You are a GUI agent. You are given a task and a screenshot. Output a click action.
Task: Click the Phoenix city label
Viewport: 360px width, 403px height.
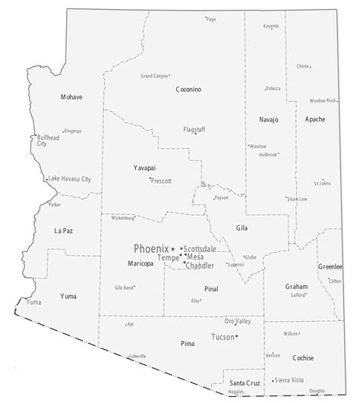click(150, 248)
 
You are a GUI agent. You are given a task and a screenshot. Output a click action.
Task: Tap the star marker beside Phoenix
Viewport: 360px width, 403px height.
click(173, 249)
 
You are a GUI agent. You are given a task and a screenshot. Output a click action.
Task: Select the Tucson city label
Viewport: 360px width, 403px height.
click(222, 336)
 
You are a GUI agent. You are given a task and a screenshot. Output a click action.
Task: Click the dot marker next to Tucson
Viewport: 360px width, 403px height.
click(236, 336)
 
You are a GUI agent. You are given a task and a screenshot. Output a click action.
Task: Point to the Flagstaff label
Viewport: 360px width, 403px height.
click(194, 129)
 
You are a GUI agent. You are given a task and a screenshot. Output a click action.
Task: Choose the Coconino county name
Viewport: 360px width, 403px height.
click(188, 90)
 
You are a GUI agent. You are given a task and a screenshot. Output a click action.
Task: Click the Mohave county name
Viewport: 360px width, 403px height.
click(72, 97)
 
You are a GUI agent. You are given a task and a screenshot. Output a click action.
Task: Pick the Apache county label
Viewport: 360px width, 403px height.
click(314, 119)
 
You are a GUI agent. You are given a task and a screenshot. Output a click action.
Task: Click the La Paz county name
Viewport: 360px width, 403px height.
click(63, 230)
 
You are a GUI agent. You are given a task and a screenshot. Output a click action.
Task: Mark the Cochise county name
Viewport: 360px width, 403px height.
click(302, 356)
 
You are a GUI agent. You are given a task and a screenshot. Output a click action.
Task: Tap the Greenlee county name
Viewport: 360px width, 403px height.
click(330, 266)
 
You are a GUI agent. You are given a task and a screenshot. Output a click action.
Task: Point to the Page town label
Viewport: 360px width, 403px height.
click(211, 19)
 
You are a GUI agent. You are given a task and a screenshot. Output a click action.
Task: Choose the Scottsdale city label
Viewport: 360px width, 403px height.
click(200, 249)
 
